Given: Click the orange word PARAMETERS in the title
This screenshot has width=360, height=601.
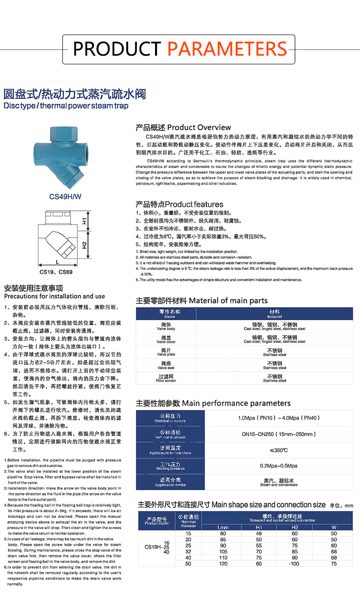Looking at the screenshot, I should click(227, 48).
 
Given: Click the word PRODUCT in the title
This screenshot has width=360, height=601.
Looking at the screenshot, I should click(117, 48).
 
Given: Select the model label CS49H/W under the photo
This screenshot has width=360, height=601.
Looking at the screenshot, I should click(66, 196).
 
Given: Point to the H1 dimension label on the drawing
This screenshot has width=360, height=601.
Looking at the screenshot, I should click(84, 221).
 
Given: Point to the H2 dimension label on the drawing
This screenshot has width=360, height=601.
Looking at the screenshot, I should click(84, 245).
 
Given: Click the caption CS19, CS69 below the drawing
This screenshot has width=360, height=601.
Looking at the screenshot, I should click(56, 272).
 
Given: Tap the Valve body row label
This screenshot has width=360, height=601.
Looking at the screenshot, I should click(167, 327).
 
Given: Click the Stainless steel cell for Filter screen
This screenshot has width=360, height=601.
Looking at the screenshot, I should click(275, 378).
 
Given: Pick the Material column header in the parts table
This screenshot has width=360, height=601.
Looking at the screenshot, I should click(275, 314).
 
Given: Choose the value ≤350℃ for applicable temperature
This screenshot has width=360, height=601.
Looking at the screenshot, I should click(278, 450).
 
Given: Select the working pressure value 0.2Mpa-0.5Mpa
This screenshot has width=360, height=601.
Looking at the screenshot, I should click(278, 466).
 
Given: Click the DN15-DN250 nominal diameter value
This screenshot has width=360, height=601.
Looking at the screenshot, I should click(278, 434).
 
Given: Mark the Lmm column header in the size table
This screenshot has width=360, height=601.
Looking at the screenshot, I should click(223, 527).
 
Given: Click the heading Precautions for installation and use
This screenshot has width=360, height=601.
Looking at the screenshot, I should click(54, 296).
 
